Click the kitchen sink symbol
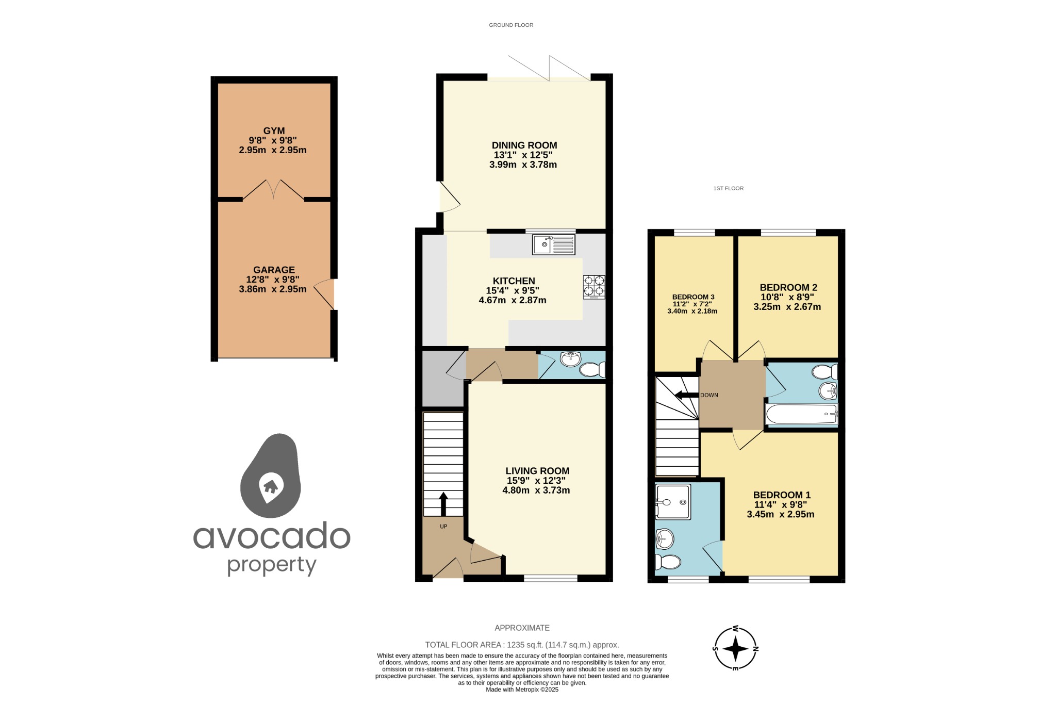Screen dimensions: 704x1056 [x=554, y=244]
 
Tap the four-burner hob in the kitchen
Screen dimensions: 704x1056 [x=594, y=287]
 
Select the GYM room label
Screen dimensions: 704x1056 [x=274, y=131]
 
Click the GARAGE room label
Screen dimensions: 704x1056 [x=274, y=270]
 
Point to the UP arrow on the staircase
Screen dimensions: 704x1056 [x=443, y=503]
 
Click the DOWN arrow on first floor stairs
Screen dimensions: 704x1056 [x=686, y=396]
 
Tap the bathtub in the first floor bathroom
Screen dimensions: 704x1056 [x=801, y=414]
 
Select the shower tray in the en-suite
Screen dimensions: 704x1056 [x=672, y=502]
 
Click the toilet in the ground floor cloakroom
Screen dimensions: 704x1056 [x=592, y=370]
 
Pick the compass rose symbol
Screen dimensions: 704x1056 [x=735, y=648]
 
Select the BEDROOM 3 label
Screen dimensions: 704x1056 [x=693, y=297]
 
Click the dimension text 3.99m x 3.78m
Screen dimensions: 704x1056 [x=523, y=165]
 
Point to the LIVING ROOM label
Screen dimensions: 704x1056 [x=537, y=471]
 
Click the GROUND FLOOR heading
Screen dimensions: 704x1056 [x=511, y=25]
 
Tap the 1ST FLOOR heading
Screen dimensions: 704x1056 [x=728, y=188]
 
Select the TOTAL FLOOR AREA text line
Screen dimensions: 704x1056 [x=522, y=645]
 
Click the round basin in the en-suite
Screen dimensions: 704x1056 [x=665, y=540]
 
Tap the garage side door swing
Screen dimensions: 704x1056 [x=324, y=294]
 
